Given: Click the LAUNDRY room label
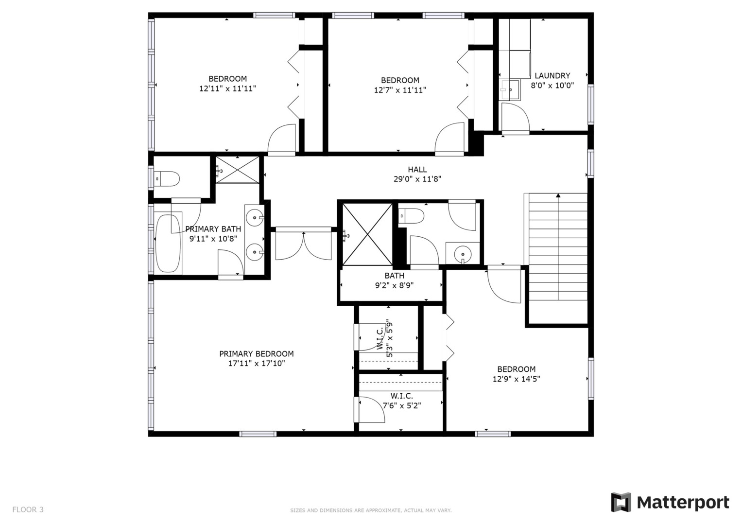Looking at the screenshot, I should point(552,76).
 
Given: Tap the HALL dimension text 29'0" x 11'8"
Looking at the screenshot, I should point(417,179).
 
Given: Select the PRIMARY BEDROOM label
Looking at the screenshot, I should point(256,354).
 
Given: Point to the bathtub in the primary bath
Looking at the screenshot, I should point(168,243).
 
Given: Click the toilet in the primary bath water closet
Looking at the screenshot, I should point(167,179).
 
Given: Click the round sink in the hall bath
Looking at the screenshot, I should point(463,254).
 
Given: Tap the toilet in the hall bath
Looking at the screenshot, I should point(411,215).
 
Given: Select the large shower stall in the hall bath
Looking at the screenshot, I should point(367,235).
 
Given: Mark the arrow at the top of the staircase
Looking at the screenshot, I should point(558,196).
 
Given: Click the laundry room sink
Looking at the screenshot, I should point(510,90).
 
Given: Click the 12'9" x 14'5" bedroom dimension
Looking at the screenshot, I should point(516,379).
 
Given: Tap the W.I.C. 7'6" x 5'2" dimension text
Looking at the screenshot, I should point(401,405).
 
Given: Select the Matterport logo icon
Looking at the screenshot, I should point(621,502).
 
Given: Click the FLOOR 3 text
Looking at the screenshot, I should point(28,509).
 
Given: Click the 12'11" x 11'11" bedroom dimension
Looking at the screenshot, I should point(227,88).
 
